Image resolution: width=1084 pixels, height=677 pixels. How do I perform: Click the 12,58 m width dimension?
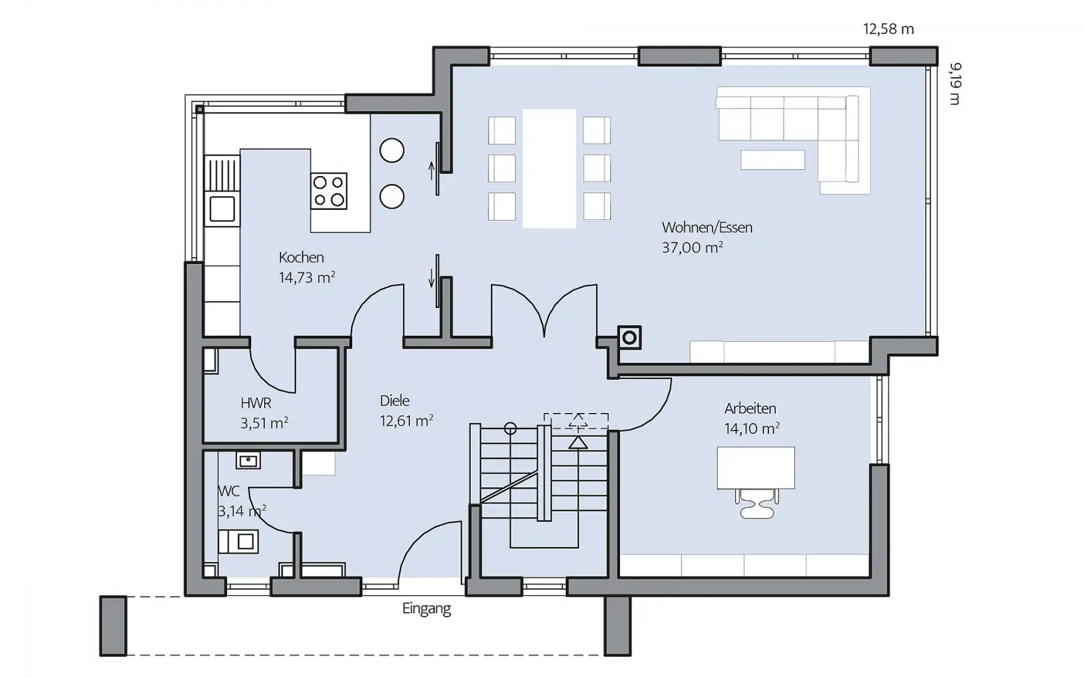[x=888, y=30]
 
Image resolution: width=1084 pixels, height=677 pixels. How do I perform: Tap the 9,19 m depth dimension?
[x=955, y=83]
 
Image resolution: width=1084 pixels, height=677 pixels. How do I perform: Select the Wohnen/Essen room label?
[x=707, y=227]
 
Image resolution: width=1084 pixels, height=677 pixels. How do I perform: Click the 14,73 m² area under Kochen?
[x=307, y=277]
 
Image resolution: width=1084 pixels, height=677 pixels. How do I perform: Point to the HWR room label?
[x=255, y=403]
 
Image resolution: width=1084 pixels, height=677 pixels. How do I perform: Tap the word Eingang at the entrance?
[x=426, y=609]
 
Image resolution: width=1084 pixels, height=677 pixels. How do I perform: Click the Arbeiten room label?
[x=750, y=409]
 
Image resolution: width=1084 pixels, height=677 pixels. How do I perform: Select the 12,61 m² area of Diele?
[x=406, y=420]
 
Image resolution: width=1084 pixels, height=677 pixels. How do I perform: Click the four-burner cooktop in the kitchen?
[x=329, y=191]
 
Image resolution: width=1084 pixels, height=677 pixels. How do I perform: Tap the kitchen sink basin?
[x=222, y=209]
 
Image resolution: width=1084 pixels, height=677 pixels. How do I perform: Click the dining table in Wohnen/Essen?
[x=549, y=169]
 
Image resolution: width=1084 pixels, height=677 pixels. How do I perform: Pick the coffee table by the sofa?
[x=772, y=160]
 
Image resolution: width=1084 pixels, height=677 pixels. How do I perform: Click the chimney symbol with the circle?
[x=629, y=338]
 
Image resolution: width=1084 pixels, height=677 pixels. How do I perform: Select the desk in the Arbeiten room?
[x=755, y=468]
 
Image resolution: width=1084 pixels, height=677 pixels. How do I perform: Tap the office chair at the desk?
[x=756, y=504]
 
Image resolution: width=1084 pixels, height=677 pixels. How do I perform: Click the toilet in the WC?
[x=238, y=541]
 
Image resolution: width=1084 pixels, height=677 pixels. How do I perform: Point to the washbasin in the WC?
[x=248, y=460]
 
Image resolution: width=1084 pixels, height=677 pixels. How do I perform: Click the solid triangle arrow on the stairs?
[x=577, y=443]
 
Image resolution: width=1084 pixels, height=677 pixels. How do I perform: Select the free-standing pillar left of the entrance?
[x=113, y=626]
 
